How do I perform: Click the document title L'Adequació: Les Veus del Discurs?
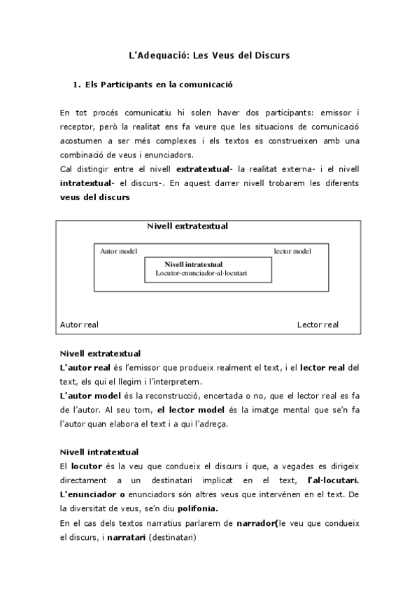pos(210,55)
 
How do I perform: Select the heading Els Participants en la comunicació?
pos(158,85)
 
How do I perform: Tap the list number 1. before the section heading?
pos(77,85)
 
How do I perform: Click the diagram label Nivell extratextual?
pos(187,226)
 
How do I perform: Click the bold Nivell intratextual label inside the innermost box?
pos(194,265)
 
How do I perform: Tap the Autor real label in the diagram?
pos(80,324)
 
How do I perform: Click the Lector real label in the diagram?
pos(318,324)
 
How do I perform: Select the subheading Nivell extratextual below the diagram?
pos(101,353)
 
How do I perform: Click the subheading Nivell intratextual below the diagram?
pos(99,452)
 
